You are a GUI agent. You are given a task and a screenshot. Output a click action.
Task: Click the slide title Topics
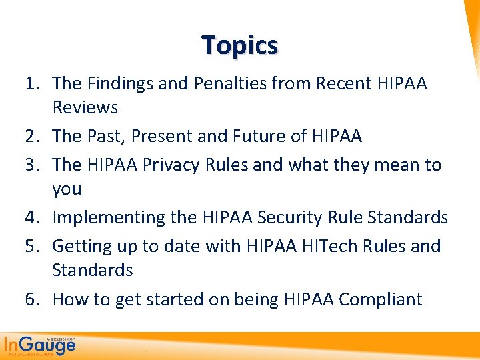[x=240, y=45]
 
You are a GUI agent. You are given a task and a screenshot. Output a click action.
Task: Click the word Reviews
[x=85, y=107]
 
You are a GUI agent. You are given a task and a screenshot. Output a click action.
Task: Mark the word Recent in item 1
[x=346, y=83]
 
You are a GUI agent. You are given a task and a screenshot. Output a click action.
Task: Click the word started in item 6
[x=175, y=299]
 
